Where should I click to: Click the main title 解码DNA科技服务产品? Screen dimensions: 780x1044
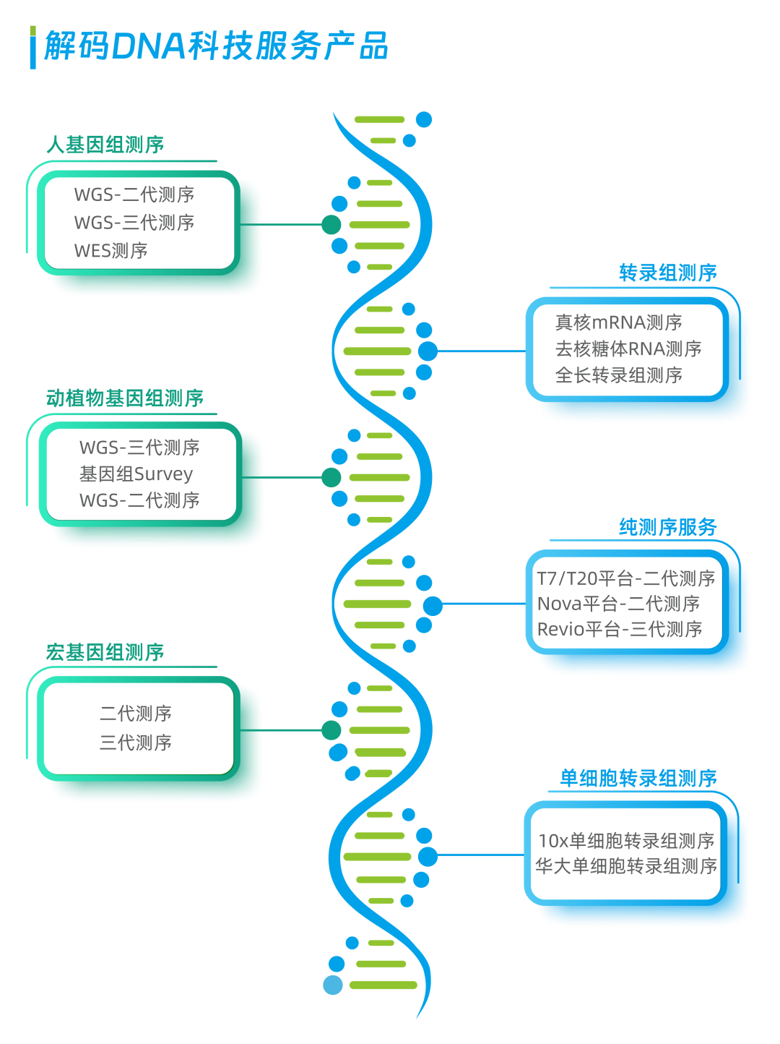pyautogui.click(x=216, y=46)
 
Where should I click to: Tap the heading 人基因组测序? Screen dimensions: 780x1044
pyautogui.click(x=105, y=145)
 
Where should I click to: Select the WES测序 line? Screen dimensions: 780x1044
pyautogui.click(x=110, y=251)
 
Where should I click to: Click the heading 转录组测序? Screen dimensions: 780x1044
pyautogui.click(x=667, y=273)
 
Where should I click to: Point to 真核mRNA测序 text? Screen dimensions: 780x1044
pyautogui.click(x=618, y=322)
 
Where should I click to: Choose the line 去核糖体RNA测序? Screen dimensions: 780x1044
pyautogui.click(x=628, y=348)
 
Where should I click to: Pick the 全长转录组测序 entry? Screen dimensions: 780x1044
pyautogui.click(x=618, y=375)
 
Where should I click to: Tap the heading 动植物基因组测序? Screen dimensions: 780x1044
pyautogui.click(x=125, y=398)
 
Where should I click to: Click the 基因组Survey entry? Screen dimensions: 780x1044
pyautogui.click(x=136, y=474)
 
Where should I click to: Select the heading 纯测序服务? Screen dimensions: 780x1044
pyautogui.click(x=667, y=526)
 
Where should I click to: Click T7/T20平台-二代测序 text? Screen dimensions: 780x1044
pyautogui.click(x=625, y=578)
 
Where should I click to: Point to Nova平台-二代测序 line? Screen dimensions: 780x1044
pyautogui.click(x=618, y=604)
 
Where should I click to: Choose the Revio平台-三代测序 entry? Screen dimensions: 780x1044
pyautogui.click(x=620, y=629)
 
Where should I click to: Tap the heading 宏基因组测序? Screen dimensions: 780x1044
pyautogui.click(x=105, y=652)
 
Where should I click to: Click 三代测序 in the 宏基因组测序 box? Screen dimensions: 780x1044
pyautogui.click(x=135, y=742)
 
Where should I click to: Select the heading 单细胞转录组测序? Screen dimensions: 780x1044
pyautogui.click(x=638, y=778)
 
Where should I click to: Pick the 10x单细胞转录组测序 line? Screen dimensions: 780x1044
pyautogui.click(x=626, y=841)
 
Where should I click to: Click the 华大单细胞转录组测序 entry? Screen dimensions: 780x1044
pyautogui.click(x=626, y=866)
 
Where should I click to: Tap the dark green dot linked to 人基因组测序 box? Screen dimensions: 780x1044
pyautogui.click(x=331, y=225)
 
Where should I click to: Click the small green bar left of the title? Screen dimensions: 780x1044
pyautogui.click(x=32, y=31)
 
